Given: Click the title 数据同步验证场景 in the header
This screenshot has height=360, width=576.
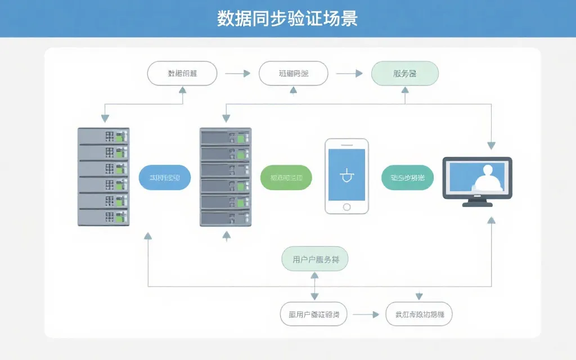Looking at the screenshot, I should click(x=287, y=19).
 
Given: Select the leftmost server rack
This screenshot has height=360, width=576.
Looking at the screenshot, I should click(x=103, y=177).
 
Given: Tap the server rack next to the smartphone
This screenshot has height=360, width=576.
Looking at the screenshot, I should click(x=226, y=177).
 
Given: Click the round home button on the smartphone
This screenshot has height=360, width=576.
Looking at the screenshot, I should click(x=346, y=206).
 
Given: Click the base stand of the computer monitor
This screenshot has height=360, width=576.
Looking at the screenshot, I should click(x=478, y=204).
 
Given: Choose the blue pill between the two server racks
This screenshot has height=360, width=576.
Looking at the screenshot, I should click(x=164, y=178).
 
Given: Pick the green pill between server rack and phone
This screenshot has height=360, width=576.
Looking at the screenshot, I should click(x=286, y=178).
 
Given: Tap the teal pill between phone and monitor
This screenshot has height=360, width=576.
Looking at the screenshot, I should click(x=408, y=178).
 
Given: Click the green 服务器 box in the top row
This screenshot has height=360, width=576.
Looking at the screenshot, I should click(x=405, y=73).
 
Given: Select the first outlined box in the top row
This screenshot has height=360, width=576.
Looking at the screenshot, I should click(x=182, y=73).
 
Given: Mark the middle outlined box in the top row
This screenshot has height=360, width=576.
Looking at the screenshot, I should click(x=293, y=73).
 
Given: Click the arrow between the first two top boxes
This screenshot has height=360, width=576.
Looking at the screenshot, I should click(x=237, y=73).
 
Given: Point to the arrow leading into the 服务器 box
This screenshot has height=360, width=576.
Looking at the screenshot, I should click(x=349, y=73).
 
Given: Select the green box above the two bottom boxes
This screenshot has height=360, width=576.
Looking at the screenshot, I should click(x=314, y=259).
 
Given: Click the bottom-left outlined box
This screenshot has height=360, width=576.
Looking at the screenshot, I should click(x=313, y=314).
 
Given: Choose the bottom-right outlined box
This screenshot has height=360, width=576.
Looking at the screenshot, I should click(x=419, y=314).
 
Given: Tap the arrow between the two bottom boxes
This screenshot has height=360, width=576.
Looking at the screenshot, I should click(x=366, y=315).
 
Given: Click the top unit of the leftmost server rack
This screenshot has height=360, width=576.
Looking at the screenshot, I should click(x=103, y=136).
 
